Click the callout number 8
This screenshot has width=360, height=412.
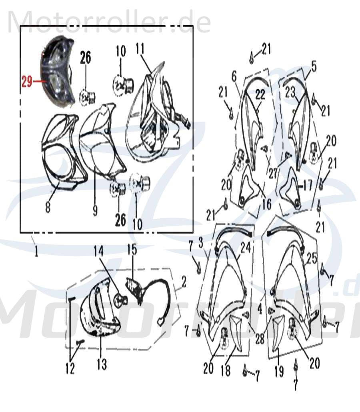point(48,207)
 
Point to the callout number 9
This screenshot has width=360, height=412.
point(95,210)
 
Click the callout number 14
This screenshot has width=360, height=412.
point(98,251)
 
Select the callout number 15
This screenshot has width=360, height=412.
point(132,250)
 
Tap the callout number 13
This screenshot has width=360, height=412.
point(102,364)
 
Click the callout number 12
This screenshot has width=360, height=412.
point(70,368)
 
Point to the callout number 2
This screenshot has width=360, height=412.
point(184,282)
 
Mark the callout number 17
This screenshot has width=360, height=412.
point(307,186)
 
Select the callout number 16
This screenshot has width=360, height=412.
point(266,204)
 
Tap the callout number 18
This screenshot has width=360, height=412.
point(226,370)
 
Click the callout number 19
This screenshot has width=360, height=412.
point(279,371)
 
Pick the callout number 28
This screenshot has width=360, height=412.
point(260,340)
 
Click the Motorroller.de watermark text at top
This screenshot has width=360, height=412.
point(109,22)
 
